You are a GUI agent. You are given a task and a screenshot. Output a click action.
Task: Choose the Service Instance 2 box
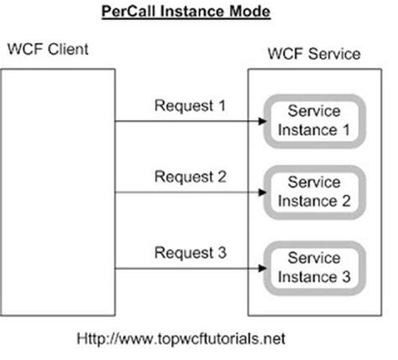pos(313,190)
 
